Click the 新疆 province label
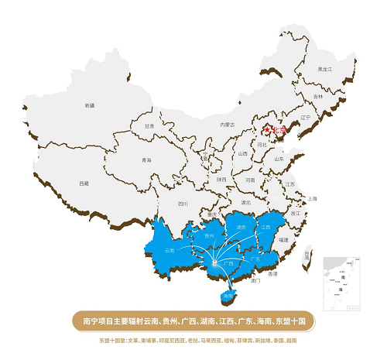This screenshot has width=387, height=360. (89, 105)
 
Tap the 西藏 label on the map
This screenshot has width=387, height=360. (84, 183)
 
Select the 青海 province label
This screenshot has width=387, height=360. (146, 159)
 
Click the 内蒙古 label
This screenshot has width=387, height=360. (227, 124)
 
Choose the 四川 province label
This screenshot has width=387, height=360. (183, 204)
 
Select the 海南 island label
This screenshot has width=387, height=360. (228, 297)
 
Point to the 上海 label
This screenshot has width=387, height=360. (312, 198)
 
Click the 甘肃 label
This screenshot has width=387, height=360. (149, 125)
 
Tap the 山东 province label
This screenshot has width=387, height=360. (279, 159)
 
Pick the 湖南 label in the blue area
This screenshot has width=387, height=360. (241, 228)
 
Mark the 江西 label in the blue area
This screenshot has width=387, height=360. (266, 227)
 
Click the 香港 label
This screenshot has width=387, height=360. (272, 274)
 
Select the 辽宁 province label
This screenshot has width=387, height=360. (303, 118)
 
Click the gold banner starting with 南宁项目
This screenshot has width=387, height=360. (193, 319)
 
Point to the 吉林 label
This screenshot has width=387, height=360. (318, 96)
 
